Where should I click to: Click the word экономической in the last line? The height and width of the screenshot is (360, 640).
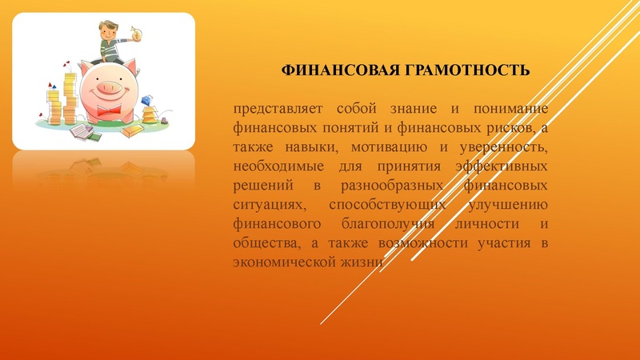[x=281, y=263]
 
